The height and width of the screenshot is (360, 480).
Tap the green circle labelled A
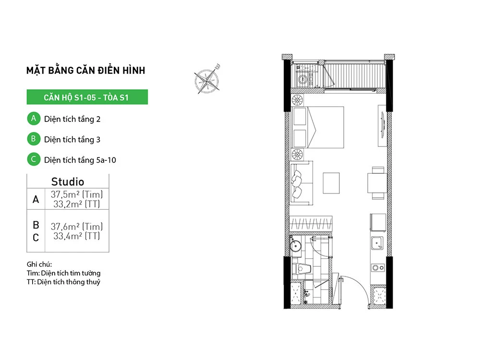pyautogui.click(x=34, y=119)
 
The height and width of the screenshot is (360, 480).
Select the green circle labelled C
pyautogui.click(x=34, y=159)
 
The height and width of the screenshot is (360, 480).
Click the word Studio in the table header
pyautogui.click(x=68, y=181)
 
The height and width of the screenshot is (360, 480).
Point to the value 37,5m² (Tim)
pyautogui.click(x=76, y=194)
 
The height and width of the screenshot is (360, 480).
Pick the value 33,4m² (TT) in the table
pyautogui.click(x=76, y=236)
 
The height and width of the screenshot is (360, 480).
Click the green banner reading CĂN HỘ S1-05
pyautogui.click(x=87, y=97)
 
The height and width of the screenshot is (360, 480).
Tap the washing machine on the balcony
pyautogui.click(x=302, y=79)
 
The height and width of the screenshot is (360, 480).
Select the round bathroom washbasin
pyautogui.click(x=296, y=245)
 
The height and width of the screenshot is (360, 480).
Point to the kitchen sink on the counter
pyautogui.click(x=377, y=243)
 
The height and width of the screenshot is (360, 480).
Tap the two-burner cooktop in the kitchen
pyautogui.click(x=378, y=268)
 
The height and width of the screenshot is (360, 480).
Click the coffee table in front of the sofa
pyautogui.click(x=331, y=183)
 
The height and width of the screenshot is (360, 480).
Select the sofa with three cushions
pyautogui.click(x=301, y=183)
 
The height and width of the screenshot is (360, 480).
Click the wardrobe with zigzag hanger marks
pyautogui.click(x=311, y=223)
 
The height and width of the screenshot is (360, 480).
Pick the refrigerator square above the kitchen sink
pyautogui.click(x=378, y=222)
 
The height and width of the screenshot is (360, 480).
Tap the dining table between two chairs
pyautogui.click(x=377, y=183)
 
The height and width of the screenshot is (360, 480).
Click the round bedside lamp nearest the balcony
pyautogui.click(x=297, y=100)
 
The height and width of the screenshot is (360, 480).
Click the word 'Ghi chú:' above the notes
pyautogui.click(x=39, y=264)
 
